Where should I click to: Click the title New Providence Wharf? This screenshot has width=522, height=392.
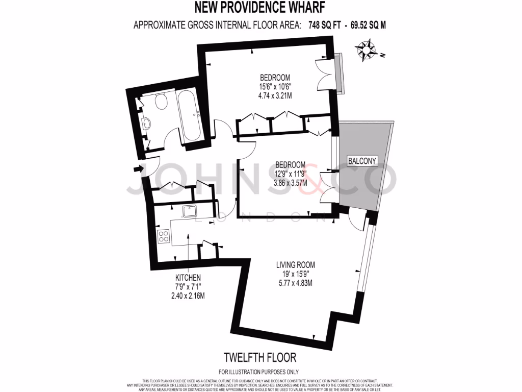[260, 8]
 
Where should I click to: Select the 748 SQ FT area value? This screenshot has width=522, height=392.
[326, 24]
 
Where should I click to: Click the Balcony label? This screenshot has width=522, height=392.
[362, 161]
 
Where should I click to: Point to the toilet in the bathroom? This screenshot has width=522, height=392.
[162, 102]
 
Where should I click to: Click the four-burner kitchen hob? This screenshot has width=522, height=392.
[164, 236]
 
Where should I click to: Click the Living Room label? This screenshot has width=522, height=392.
[295, 265]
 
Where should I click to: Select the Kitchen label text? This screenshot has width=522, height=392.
[189, 277]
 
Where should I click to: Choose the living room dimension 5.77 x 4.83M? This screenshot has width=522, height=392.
[295, 282]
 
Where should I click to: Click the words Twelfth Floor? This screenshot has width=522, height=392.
[260, 357]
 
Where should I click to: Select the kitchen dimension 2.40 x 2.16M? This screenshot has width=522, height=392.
[189, 295]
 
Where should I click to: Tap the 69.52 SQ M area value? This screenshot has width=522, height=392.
[371, 24]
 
